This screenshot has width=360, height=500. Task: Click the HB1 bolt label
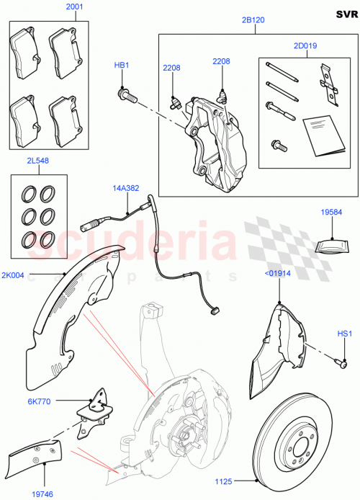pyautogui.click(x=122, y=66)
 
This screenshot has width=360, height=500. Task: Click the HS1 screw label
pyautogui.click(x=345, y=334)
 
